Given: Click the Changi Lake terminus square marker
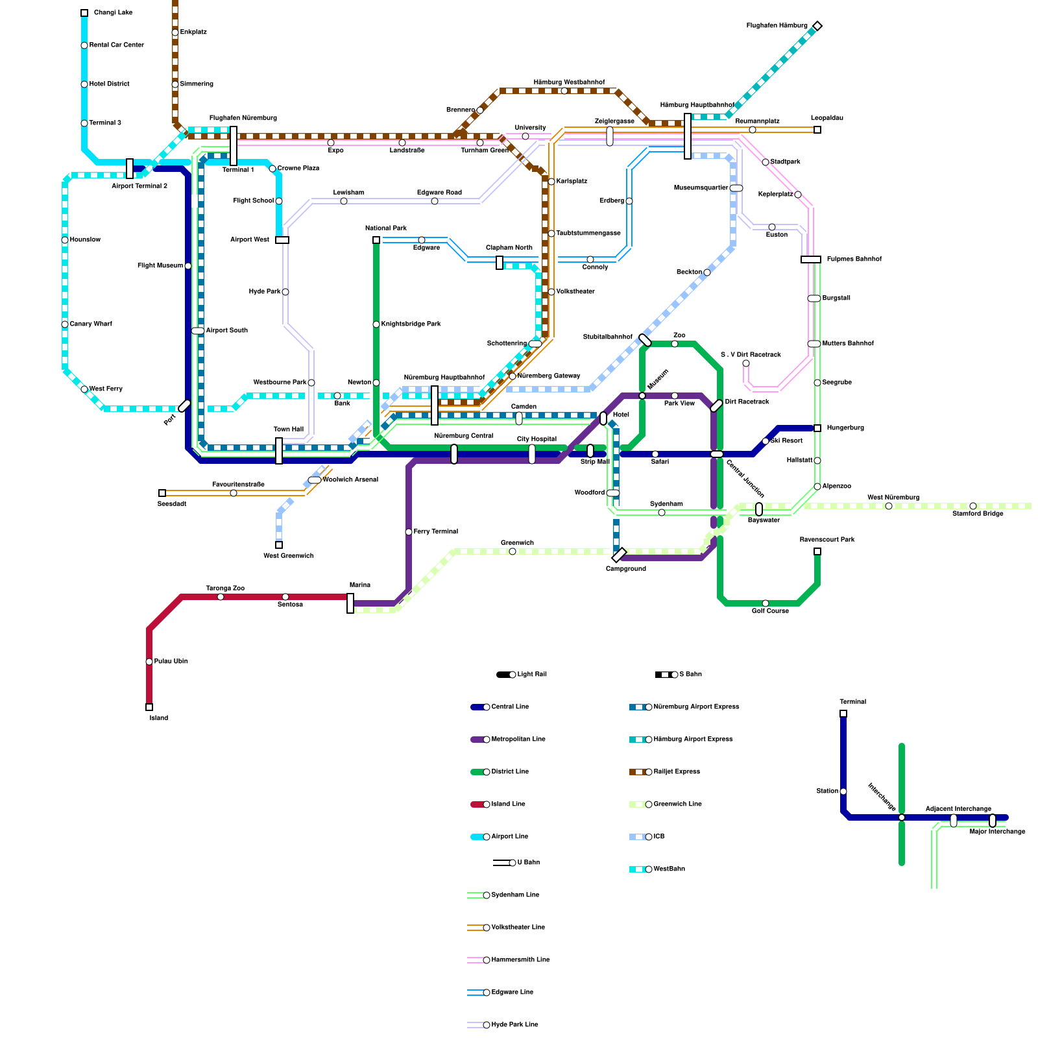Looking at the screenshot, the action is click(x=84, y=13).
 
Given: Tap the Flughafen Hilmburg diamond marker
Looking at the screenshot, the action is click(x=817, y=26).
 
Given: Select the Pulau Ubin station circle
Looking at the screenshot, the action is click(x=149, y=662).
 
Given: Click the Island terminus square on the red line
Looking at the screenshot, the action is click(x=149, y=707).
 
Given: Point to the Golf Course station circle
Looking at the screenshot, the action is click(x=766, y=603).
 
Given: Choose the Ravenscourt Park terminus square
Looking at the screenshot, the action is click(x=817, y=551).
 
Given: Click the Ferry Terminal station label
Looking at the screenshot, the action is click(x=436, y=532).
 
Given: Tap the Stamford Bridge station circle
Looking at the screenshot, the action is click(x=973, y=506).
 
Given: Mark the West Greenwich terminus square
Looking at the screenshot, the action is click(x=279, y=545).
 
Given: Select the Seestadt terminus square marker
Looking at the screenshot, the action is click(x=162, y=493).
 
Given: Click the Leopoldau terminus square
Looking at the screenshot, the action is click(x=817, y=130).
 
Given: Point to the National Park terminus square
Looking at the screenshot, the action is click(x=376, y=240).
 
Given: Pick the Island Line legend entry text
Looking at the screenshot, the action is click(x=509, y=804).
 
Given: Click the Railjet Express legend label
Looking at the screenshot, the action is click(x=677, y=772).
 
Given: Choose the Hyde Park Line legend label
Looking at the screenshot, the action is click(x=515, y=1025).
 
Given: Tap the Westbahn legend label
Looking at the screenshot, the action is click(x=670, y=869).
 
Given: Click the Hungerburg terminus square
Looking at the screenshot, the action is click(x=817, y=428).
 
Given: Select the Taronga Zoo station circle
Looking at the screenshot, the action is click(x=221, y=597).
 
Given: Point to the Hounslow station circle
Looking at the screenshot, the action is click(x=65, y=240).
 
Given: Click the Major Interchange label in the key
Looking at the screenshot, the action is click(x=998, y=832).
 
